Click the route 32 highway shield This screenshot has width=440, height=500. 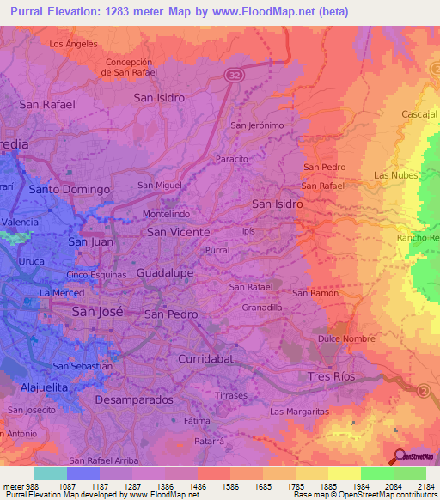point(234,76)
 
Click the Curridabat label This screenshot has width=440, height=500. point(205,357)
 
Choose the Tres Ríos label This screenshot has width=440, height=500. point(331,377)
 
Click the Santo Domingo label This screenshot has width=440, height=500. point(70,189)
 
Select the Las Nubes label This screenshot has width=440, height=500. point(396,175)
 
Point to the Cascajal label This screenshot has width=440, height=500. point(420,114)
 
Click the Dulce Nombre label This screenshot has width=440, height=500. point(345,338)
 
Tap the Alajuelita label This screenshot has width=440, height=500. point(40,387)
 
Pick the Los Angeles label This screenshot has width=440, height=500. point(73,43)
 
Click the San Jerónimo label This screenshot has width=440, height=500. point(257,125)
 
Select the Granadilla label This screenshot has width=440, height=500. point(262,306)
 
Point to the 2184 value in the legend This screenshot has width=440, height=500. point(426,485)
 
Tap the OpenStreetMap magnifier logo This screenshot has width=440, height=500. point(400,456)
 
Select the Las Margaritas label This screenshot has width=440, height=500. point(299,412)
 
